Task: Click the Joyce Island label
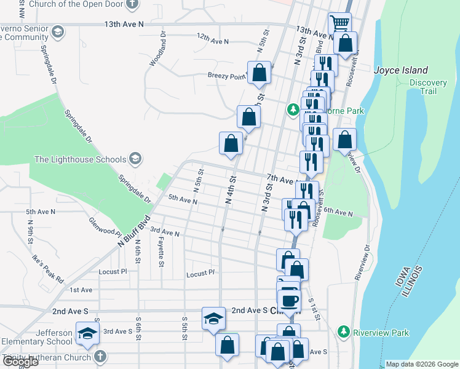402,71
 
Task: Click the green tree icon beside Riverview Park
344,333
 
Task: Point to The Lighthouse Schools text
80,160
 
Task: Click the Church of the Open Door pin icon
132,5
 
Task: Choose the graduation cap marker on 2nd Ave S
213,318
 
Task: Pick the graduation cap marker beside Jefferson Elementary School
87,333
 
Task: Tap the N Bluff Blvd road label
134,232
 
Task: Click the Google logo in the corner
20,362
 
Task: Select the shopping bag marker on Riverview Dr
345,139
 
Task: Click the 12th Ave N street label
212,41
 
